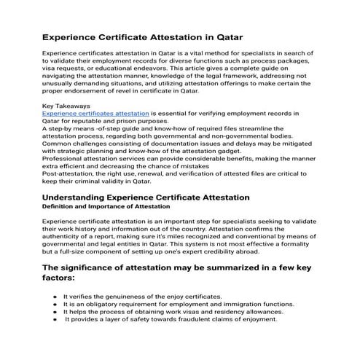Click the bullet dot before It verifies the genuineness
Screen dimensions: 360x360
tap(56, 297)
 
